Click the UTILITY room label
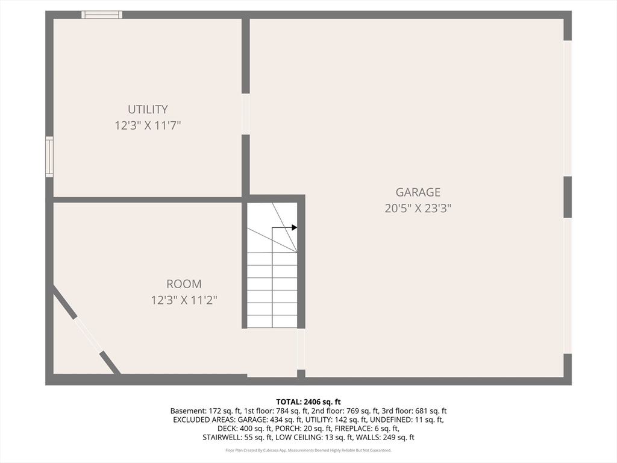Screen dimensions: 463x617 click(148, 109)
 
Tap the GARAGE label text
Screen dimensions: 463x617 click(418, 192)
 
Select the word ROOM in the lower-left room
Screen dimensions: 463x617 click(184, 283)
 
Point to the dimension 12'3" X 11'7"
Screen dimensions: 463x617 click(148, 126)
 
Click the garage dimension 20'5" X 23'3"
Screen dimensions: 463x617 click(418, 209)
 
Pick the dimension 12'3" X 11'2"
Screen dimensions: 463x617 click(184, 300)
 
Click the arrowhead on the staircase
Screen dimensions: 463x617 click(294, 227)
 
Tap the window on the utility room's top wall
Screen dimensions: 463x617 click(102, 14)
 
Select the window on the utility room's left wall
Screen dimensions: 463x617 click(49, 157)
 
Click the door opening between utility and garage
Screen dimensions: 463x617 click(245, 114)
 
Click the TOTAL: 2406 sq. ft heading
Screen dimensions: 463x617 click(308, 402)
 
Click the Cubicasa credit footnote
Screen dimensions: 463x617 click(308, 450)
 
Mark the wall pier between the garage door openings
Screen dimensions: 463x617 click(567, 197)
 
